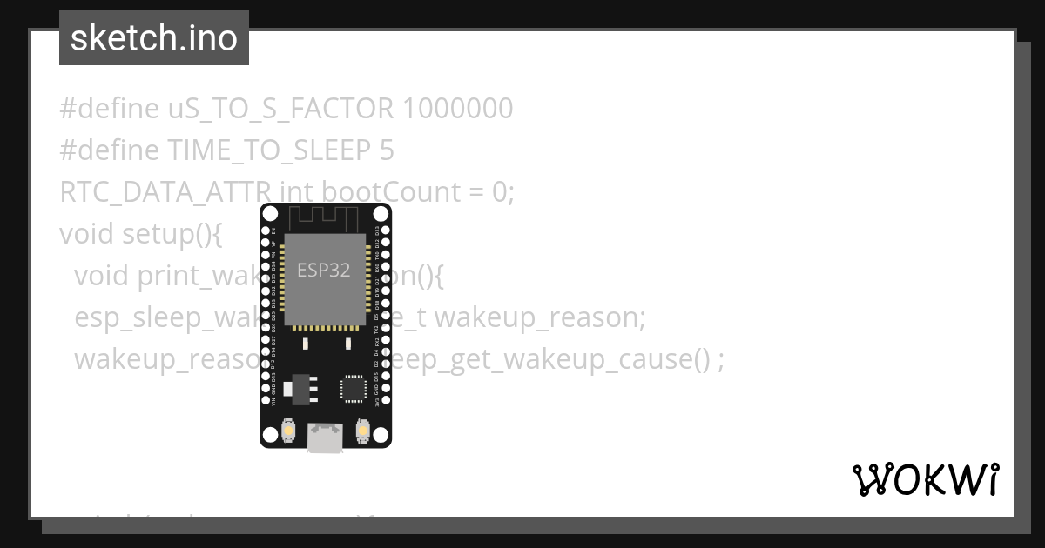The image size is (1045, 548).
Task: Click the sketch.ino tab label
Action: [x=154, y=38]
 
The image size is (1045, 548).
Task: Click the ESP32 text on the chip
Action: [x=324, y=271]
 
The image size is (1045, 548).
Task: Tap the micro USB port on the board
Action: [x=325, y=438]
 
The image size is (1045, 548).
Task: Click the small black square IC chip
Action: [x=353, y=388]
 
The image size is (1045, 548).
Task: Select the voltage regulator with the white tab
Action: [x=301, y=387]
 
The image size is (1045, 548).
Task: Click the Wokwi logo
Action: [x=925, y=479]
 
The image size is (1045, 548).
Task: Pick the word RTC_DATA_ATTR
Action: [x=165, y=191]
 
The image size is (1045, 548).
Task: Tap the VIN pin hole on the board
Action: [x=266, y=402]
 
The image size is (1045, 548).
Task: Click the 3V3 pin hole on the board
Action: [x=385, y=402]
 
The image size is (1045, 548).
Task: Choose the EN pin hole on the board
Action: [x=266, y=231]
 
